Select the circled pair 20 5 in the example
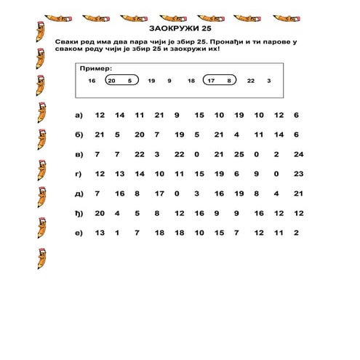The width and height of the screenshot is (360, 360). pyautogui.click(x=121, y=81)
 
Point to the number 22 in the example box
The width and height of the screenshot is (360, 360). pyautogui.click(x=251, y=81)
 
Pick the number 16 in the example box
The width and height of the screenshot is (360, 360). pyautogui.click(x=92, y=81)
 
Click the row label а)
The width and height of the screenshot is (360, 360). pyautogui.click(x=79, y=116)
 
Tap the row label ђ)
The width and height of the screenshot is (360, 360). pyautogui.click(x=79, y=213)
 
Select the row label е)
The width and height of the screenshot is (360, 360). pyautogui.click(x=79, y=233)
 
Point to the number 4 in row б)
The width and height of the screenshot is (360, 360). pyautogui.click(x=236, y=135)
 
